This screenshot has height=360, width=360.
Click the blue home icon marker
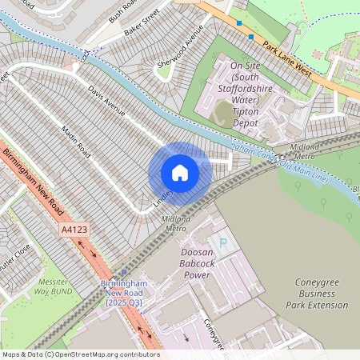pyautogui.click(x=180, y=173)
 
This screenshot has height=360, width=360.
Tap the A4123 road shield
pyautogui.click(x=72, y=230)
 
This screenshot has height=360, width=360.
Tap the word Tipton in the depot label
pyautogui.click(x=246, y=113)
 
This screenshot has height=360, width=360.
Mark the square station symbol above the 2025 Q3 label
pyautogui.click(x=122, y=272)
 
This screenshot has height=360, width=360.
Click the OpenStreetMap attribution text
pyautogui.click(x=80, y=354)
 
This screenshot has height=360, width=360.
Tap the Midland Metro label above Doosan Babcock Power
pyautogui.click(x=176, y=223)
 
